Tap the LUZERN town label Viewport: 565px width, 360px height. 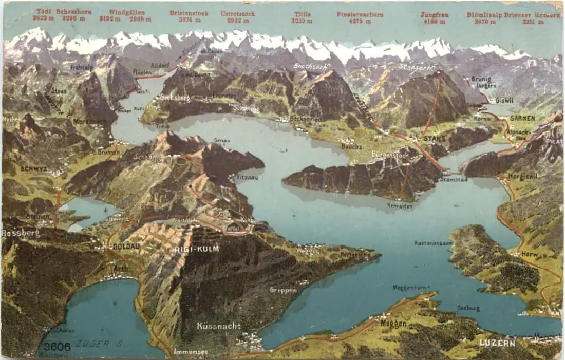pyautogui.click(x=497, y=343)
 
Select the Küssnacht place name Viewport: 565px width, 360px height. pyautogui.click(x=219, y=326)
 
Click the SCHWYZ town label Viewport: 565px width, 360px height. pyautogui.click(x=34, y=168)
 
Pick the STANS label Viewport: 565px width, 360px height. pyautogui.click(x=435, y=139)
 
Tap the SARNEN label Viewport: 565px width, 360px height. pyautogui.click(x=522, y=118)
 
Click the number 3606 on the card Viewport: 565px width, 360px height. pyautogui.click(x=56, y=347)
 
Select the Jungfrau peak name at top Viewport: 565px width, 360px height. pyautogui.click(x=434, y=15)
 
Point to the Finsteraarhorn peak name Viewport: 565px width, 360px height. pyautogui.click(x=360, y=14)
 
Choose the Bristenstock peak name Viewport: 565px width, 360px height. pyautogui.click(x=189, y=13)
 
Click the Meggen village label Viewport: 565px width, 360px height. pyautogui.click(x=393, y=324)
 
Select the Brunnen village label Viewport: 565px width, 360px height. pyautogui.click(x=108, y=152)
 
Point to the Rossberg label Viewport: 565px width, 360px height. pyautogui.click(x=20, y=233)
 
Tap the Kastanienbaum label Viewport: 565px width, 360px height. pyautogui.click(x=432, y=243)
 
